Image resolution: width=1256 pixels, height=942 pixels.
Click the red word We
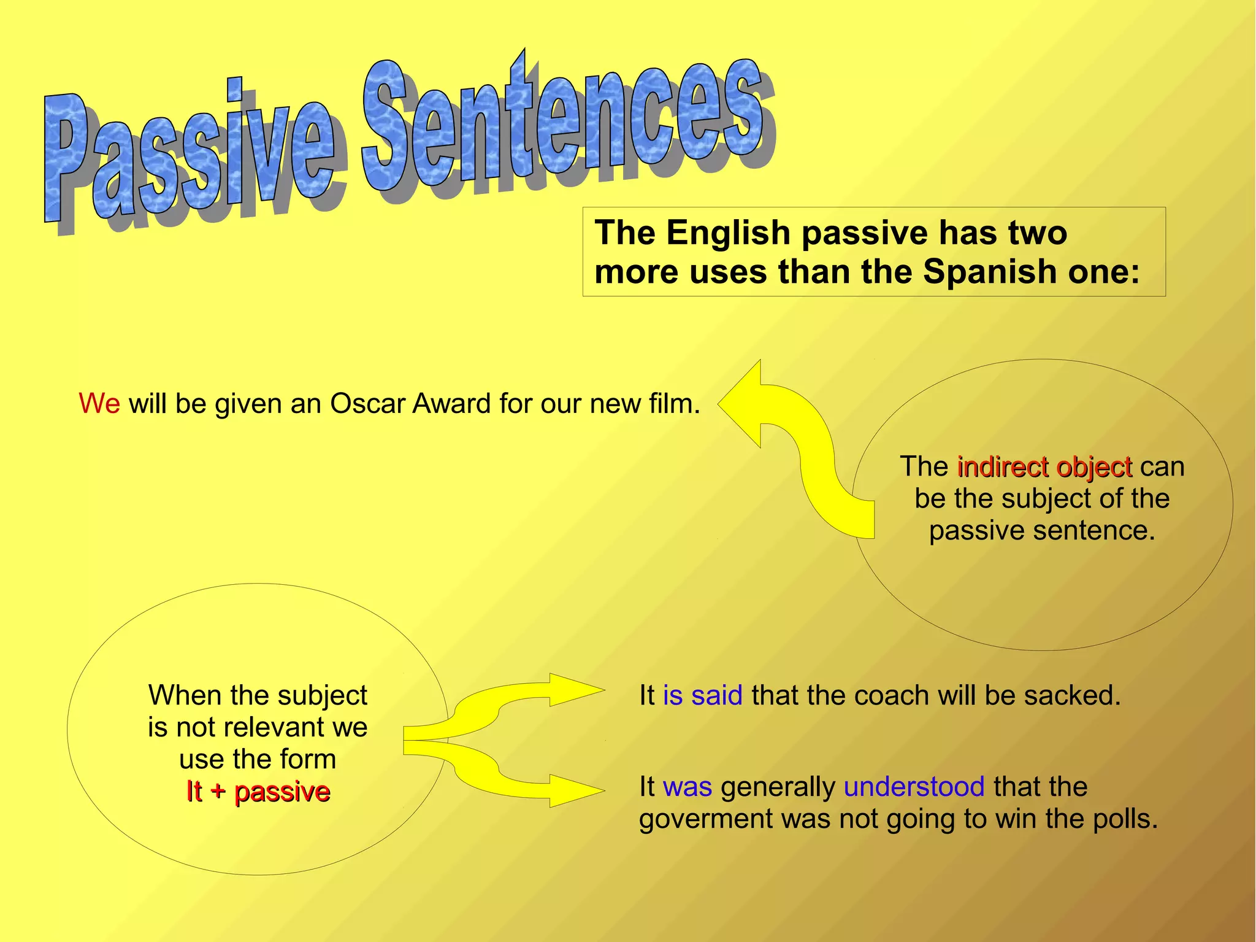[x=99, y=404]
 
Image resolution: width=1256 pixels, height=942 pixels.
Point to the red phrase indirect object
[x=1044, y=467]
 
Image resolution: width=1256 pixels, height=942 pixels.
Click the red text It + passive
[x=258, y=791]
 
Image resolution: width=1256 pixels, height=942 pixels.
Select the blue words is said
[x=702, y=695]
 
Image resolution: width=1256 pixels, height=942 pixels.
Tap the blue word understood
[x=914, y=786]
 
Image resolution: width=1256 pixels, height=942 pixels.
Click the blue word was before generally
[x=687, y=786]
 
